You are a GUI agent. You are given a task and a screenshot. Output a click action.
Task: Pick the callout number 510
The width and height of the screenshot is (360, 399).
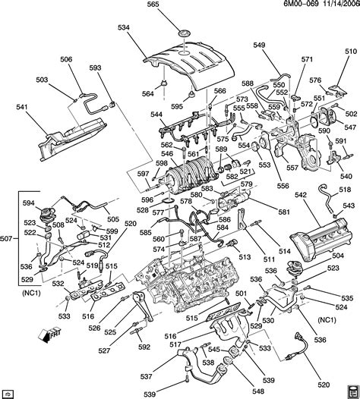click(350, 51)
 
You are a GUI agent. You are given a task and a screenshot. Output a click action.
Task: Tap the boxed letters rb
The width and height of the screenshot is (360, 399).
click(9, 393)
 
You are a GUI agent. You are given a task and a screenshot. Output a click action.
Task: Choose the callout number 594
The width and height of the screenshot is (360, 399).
click(28, 203)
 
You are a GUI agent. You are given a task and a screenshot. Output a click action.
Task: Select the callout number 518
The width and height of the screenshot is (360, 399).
click(346, 190)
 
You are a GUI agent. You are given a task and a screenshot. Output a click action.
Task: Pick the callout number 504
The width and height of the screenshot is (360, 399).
click(337, 256)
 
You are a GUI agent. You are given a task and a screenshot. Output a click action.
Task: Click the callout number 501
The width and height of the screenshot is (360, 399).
click(239, 294)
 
